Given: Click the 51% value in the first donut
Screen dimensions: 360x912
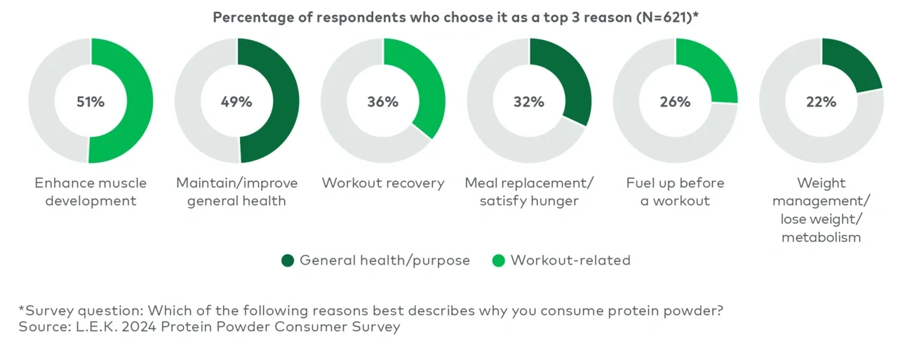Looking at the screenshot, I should tap(90, 102).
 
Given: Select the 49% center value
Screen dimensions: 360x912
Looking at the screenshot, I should tap(236, 102).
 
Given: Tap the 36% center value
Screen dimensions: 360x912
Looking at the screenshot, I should tap(382, 102).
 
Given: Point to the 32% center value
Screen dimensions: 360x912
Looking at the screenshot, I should tap(528, 102).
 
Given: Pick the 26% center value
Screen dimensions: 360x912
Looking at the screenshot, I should tap(675, 102).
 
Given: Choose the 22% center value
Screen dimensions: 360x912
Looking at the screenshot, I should tap(821, 102).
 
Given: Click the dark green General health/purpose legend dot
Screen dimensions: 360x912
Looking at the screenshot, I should tap(288, 260).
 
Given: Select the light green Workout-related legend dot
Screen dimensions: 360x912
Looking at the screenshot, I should tap(499, 260).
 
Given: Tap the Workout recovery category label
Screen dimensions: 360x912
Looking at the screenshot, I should tap(383, 183).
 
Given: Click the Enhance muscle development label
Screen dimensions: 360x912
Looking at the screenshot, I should tap(90, 192).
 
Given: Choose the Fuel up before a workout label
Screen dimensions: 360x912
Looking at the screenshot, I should tap(675, 192).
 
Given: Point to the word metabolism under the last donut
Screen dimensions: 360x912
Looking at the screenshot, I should tap(821, 237).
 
